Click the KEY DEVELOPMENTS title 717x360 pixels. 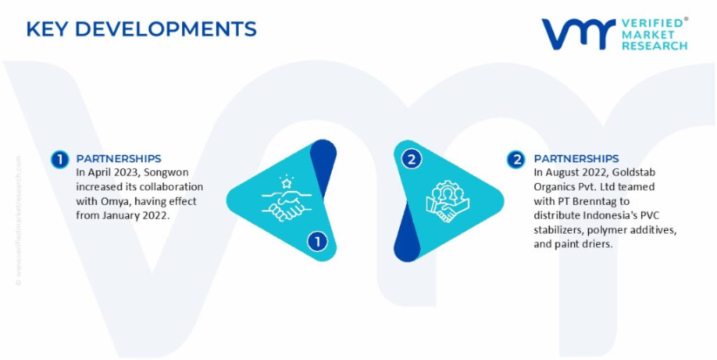141,29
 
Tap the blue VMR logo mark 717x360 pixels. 578,33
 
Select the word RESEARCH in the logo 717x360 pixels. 654,45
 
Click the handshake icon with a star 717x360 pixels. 287,199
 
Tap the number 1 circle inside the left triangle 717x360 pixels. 317,241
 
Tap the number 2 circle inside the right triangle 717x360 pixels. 411,160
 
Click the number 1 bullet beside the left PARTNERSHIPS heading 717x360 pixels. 60,160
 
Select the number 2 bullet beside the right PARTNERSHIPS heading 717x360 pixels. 517,160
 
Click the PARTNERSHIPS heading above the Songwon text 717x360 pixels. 118,159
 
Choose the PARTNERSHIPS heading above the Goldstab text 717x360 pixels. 576,159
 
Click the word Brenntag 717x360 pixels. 596,201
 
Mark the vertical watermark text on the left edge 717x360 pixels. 18,221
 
